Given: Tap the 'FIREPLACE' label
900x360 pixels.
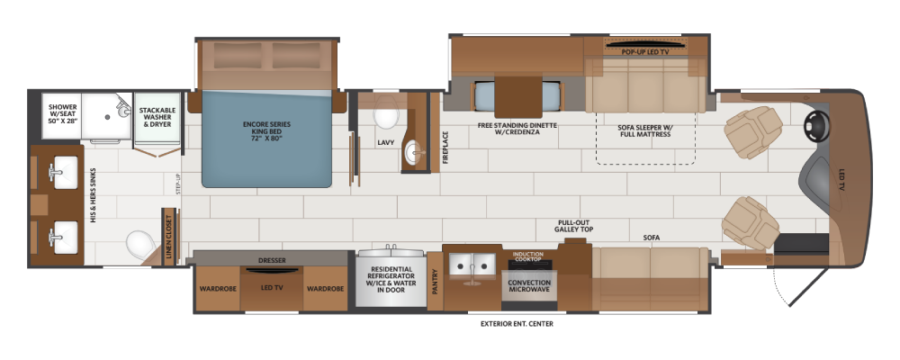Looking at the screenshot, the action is click(x=445, y=148).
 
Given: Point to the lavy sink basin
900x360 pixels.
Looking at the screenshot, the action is click(x=415, y=152).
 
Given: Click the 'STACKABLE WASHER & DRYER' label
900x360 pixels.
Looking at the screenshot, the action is click(x=157, y=117).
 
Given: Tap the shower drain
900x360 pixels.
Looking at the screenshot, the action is click(x=107, y=117).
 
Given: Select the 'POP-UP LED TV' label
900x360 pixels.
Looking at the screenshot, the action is click(x=645, y=51).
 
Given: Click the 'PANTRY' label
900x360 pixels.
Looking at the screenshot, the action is click(x=435, y=282).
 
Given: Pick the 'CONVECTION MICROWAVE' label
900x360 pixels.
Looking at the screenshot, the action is click(x=529, y=285).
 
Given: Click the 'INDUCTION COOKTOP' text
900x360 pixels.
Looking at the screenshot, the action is click(x=527, y=256).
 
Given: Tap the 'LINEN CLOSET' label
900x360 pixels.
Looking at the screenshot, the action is click(x=169, y=237).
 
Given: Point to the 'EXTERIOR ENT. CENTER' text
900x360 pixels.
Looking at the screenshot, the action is click(x=517, y=324).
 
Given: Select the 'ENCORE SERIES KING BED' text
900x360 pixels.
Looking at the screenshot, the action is click(x=267, y=131).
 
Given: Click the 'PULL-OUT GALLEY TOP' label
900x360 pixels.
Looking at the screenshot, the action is click(x=573, y=226).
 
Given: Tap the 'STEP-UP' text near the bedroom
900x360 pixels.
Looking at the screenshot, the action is click(x=178, y=183).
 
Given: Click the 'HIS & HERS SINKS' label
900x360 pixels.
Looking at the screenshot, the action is click(x=92, y=195).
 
